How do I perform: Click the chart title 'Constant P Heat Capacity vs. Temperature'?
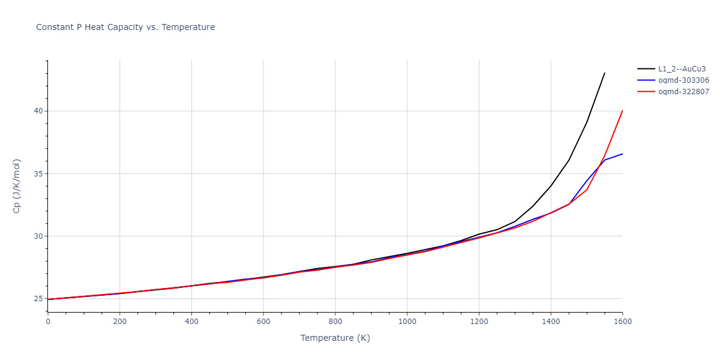(x=125, y=27)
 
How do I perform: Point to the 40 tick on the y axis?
(x=38, y=111)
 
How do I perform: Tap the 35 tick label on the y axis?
(x=38, y=174)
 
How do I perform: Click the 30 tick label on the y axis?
(x=38, y=236)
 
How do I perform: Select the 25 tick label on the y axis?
(x=38, y=299)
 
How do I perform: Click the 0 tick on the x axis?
(x=48, y=322)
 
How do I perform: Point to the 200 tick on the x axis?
(x=120, y=322)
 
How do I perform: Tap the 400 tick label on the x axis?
(x=191, y=322)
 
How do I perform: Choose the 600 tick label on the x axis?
(x=263, y=322)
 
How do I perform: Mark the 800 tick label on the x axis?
(x=335, y=322)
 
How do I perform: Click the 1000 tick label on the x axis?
(x=407, y=322)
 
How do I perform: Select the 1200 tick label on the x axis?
(x=479, y=322)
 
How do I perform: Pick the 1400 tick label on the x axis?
(x=551, y=322)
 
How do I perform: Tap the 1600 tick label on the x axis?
(x=622, y=322)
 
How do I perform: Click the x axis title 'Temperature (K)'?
(x=335, y=338)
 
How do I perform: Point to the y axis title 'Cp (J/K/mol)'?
(x=16, y=186)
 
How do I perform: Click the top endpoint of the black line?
(x=605, y=73)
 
